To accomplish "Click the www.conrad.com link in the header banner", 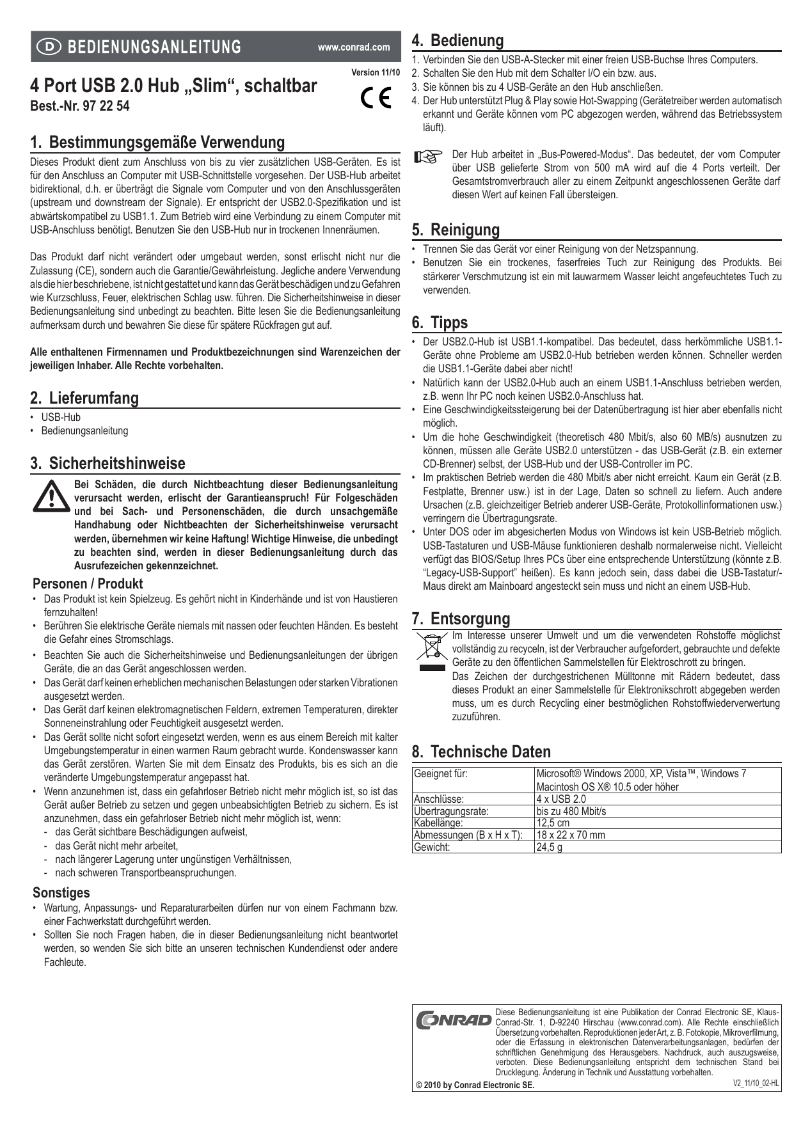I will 354,47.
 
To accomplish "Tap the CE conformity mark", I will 376,98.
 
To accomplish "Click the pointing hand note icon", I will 428,157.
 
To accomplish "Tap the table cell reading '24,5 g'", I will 550,848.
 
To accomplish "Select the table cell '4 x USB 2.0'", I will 561,799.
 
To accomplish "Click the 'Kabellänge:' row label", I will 438,823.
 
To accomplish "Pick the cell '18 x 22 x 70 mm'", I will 571,835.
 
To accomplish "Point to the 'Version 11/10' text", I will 376,73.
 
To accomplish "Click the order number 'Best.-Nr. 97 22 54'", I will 80,106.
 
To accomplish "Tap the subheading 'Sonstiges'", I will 61,893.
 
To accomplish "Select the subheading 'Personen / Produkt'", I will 88,583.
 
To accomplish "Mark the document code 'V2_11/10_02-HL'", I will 756,1084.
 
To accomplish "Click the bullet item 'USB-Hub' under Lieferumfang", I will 61,417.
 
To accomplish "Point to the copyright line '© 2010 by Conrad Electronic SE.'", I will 475,1085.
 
